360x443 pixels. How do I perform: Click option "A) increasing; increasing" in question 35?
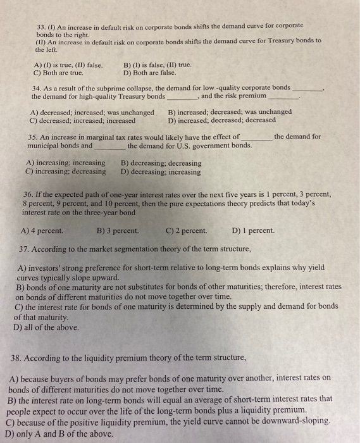66,163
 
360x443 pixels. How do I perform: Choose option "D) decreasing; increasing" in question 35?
161,172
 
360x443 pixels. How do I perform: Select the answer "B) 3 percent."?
118,230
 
